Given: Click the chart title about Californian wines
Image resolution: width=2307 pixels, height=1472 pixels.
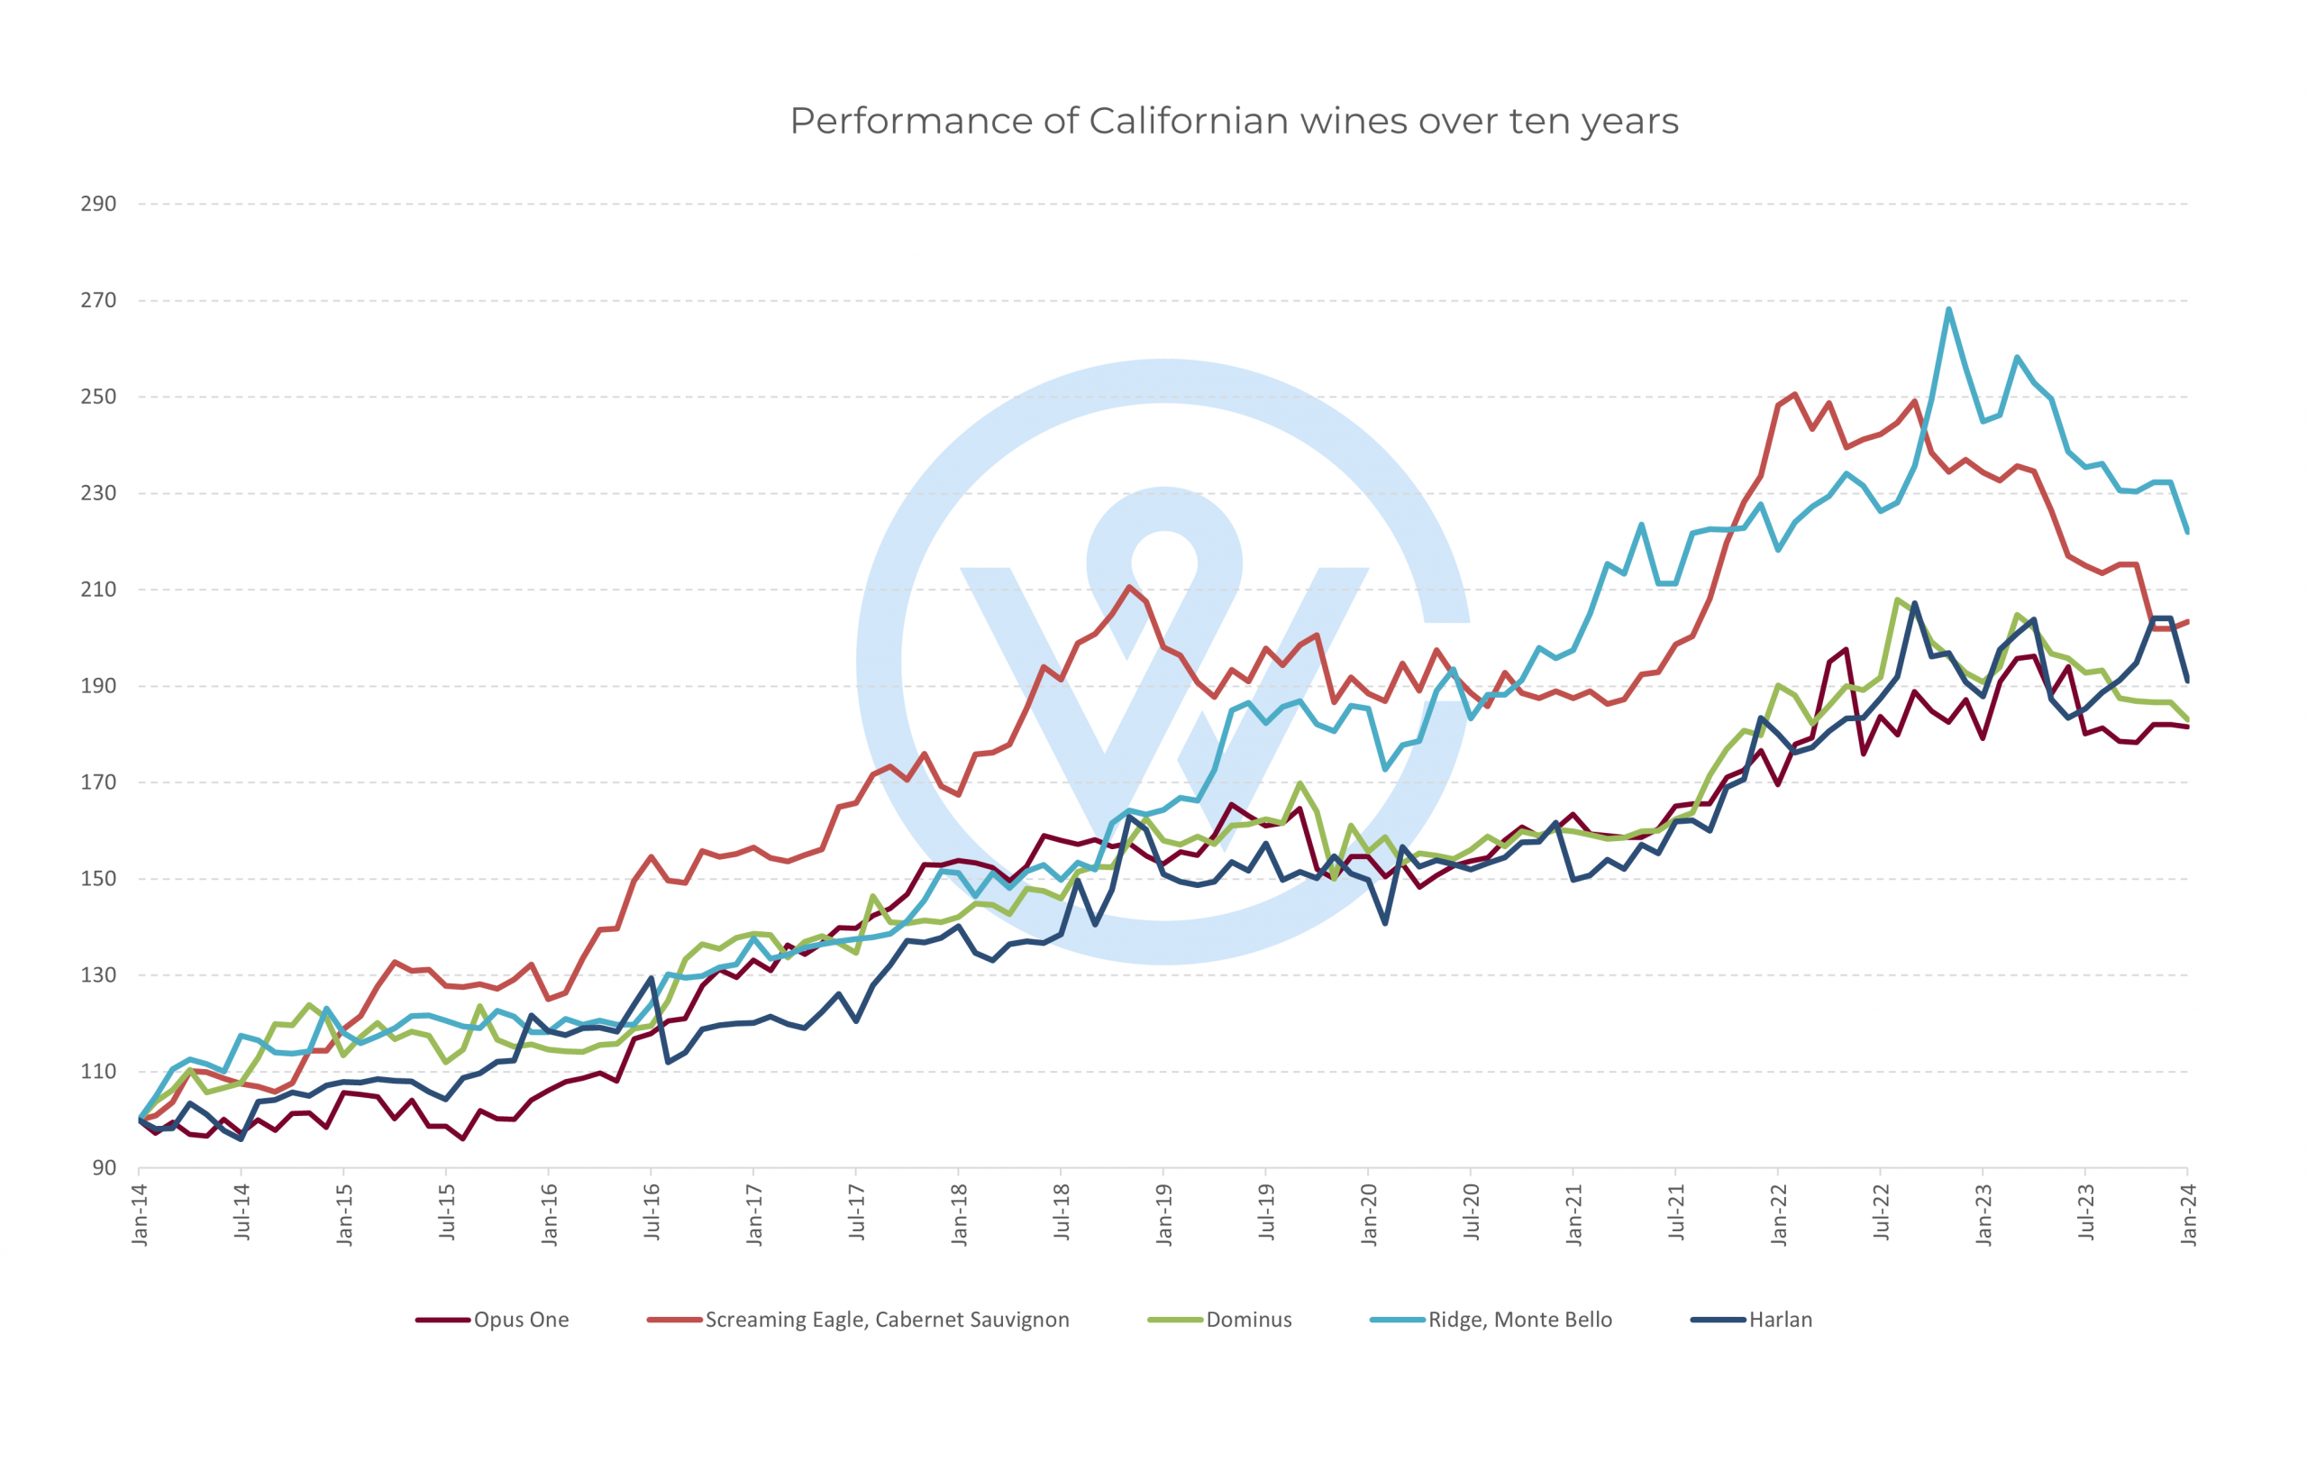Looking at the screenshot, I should click(1234, 122).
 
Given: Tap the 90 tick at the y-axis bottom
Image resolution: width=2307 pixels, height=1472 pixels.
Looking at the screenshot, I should click(105, 1168).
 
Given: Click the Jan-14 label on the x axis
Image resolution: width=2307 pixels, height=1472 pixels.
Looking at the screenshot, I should click(141, 1214).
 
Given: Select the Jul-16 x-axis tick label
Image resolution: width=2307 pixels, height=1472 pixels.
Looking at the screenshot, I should click(652, 1212).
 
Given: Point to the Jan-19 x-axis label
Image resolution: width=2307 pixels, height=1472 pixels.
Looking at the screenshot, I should click(1165, 1214).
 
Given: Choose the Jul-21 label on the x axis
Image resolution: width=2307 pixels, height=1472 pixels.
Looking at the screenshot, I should click(1676, 1212).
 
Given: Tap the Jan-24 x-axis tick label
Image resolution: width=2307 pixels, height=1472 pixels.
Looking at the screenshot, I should click(2189, 1214).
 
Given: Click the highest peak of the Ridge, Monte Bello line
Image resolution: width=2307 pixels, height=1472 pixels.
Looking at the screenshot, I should click(1948, 308).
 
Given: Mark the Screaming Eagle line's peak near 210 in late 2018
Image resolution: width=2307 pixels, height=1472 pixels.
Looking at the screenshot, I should click(1130, 587).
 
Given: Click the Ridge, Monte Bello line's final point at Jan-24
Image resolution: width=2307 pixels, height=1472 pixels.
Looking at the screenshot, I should click(2188, 532).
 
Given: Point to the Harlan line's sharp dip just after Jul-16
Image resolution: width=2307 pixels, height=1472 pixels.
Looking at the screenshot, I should click(668, 1062).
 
